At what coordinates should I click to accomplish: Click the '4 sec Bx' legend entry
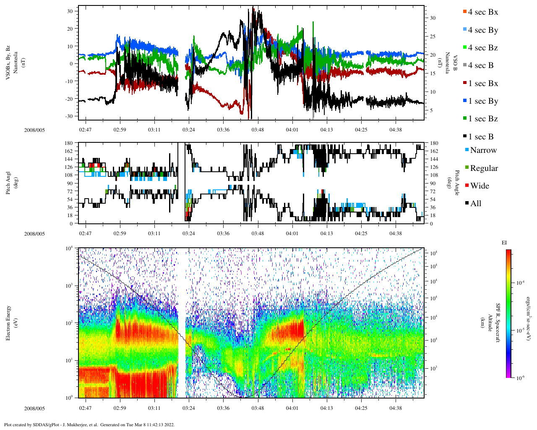[483, 12]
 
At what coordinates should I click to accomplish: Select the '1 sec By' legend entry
[483, 101]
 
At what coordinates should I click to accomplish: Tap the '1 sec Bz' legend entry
[483, 119]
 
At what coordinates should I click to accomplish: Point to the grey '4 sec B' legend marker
[464, 66]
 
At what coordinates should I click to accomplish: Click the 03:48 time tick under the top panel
[258, 130]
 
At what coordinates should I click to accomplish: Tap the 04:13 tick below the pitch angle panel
[327, 233]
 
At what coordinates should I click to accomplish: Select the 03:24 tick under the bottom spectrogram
[188, 408]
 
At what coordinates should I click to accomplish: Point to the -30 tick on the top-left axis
[70, 116]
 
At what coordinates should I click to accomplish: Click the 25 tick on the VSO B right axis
[432, 37]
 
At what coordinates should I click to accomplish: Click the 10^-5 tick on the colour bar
[519, 330]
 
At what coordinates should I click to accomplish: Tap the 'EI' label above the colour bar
[504, 243]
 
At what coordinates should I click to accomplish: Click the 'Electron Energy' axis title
[8, 322]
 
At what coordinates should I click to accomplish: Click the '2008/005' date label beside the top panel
[34, 130]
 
